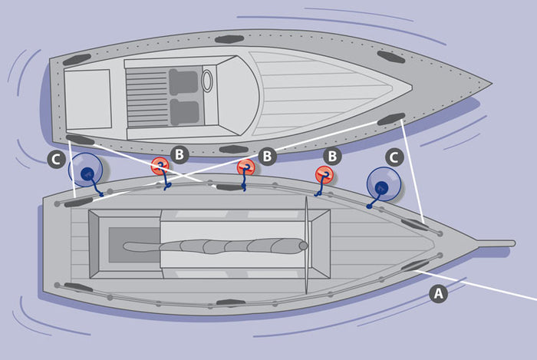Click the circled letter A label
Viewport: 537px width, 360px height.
tap(438, 293)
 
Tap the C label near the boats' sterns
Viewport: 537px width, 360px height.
tap(56, 160)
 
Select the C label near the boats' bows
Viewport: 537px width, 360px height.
tap(394, 157)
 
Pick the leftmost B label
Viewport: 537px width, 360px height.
tap(180, 154)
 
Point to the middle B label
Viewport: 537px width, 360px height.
tap(267, 156)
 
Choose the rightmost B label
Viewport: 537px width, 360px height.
tap(332, 156)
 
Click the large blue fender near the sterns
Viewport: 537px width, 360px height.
tap(86, 170)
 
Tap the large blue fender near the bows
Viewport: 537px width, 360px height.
tap(384, 184)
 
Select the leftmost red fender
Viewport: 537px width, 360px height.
tap(160, 166)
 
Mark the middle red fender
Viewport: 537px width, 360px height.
tap(246, 167)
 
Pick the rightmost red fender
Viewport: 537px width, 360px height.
tap(324, 175)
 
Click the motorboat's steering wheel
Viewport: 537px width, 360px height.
tap(207, 81)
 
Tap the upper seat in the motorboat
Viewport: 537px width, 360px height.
tap(183, 82)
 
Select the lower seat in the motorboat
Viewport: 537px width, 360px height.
tap(184, 112)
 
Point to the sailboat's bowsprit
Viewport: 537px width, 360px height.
tap(496, 243)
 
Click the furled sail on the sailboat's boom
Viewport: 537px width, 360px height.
tap(216, 246)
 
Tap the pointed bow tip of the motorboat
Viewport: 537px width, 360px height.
tap(492, 83)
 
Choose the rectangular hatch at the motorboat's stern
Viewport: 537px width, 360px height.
tap(88, 99)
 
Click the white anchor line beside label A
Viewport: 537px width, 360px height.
tap(476, 286)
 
